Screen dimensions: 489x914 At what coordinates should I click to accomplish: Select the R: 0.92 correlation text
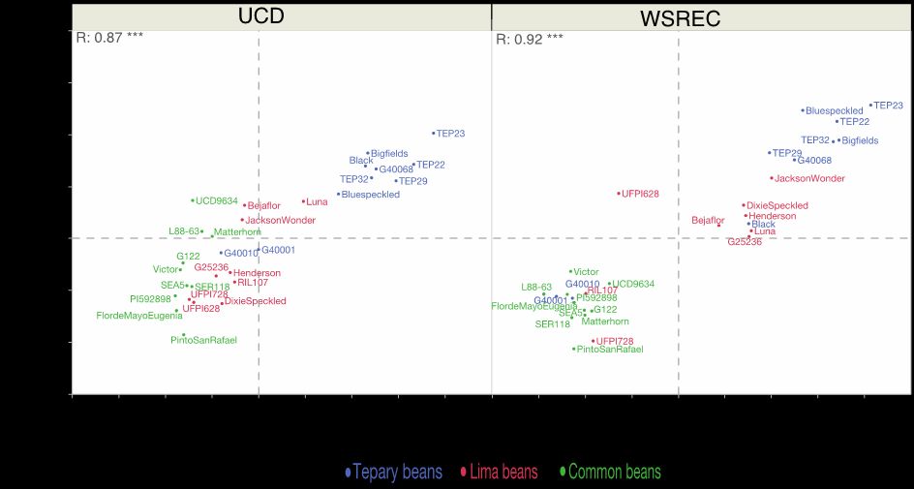coord(530,40)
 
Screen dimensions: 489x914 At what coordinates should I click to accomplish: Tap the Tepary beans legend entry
coord(397,473)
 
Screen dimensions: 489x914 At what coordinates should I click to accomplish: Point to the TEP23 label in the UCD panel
coord(450,134)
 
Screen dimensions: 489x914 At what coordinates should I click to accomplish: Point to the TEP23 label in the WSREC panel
coord(888,106)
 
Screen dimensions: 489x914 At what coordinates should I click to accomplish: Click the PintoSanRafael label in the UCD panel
coord(203,340)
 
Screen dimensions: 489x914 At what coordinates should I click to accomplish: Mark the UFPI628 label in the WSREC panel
coord(640,194)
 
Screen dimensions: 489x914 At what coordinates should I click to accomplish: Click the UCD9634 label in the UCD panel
coord(216,201)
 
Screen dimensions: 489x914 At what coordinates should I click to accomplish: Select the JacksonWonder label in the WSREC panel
coord(809,178)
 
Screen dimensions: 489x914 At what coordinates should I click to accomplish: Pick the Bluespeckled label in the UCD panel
coord(370,195)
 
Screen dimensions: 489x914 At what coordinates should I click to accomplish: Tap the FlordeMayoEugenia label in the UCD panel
coord(138,316)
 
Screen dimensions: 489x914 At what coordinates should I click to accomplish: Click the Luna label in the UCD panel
coord(317,202)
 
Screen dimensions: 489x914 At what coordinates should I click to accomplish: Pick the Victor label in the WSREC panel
coord(586,272)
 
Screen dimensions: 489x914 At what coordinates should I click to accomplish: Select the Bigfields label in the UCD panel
coord(389,153)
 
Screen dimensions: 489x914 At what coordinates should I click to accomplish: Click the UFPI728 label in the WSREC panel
coord(615,341)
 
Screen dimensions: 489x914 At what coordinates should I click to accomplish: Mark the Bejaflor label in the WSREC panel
coord(707,220)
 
